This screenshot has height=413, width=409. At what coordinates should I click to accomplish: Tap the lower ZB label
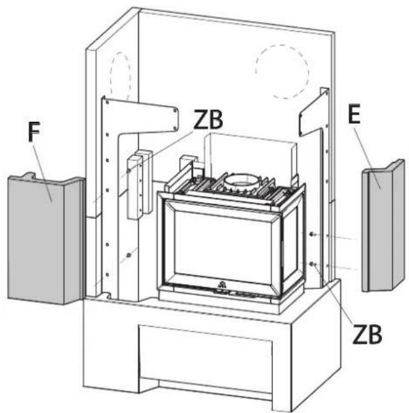pyautogui.click(x=367, y=335)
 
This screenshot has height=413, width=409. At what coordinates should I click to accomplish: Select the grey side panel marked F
pyautogui.click(x=45, y=240)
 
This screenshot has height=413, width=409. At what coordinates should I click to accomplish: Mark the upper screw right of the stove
pyautogui.click(x=312, y=234)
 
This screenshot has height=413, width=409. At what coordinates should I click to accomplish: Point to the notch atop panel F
pyautogui.click(x=29, y=175)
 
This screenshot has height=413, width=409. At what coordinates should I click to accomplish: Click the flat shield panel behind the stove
pyautogui.click(x=250, y=152)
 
